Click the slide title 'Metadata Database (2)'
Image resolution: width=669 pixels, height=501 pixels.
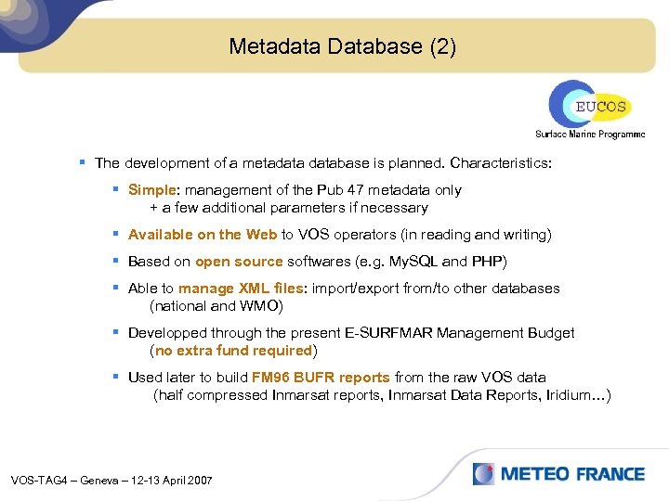point(342,46)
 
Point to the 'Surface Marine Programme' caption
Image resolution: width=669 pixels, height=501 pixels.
point(589,134)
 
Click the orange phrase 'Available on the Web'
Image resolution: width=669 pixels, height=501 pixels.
point(203,235)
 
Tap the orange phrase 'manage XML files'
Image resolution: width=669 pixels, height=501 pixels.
point(241,288)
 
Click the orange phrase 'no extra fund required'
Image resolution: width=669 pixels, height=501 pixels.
point(233,351)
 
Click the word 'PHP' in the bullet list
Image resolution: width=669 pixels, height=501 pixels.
point(489,261)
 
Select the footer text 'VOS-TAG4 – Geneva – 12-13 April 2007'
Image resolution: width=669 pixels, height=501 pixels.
point(111,480)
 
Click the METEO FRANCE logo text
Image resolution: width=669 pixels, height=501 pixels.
point(572,474)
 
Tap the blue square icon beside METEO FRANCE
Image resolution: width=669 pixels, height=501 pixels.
point(483,474)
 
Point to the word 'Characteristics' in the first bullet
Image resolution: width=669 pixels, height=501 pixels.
point(501,163)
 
